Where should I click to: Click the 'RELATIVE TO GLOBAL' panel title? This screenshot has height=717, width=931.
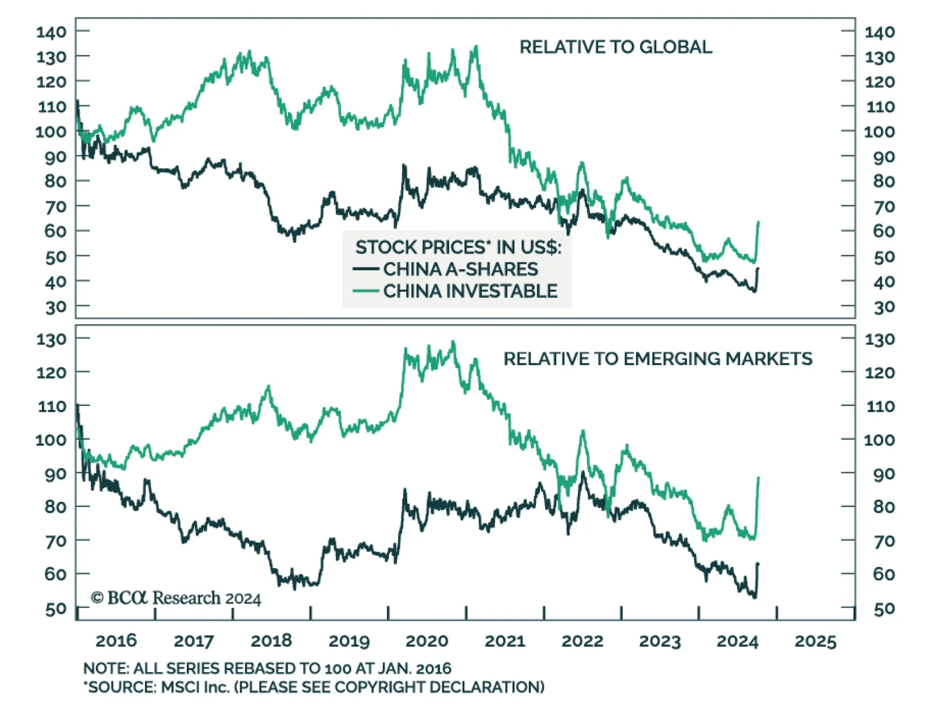coord(615,47)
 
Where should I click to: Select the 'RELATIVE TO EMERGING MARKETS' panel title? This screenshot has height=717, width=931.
coord(658,359)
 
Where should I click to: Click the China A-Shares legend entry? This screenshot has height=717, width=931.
coord(460,269)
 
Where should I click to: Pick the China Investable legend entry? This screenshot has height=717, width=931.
coord(470,291)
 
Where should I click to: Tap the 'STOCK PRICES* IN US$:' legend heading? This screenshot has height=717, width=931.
coord(458,247)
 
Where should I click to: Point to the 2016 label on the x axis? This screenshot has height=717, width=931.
coord(116,641)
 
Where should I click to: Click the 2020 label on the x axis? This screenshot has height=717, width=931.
coord(427,641)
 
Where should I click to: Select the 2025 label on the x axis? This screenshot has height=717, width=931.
coord(815,641)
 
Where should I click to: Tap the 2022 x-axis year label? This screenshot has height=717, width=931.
coord(582,641)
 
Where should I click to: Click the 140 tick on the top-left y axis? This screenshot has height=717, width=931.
coord(51,32)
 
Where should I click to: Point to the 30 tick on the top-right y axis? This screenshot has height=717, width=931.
coord(884,307)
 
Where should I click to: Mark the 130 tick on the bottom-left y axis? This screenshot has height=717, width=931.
coord(51,339)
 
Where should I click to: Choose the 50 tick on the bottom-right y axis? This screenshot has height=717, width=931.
coord(884,609)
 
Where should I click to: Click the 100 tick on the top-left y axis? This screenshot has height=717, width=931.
coord(51,131)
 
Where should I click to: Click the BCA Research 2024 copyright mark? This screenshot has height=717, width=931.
coord(176,598)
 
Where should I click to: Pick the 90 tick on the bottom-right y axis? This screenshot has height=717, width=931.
coord(884,474)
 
